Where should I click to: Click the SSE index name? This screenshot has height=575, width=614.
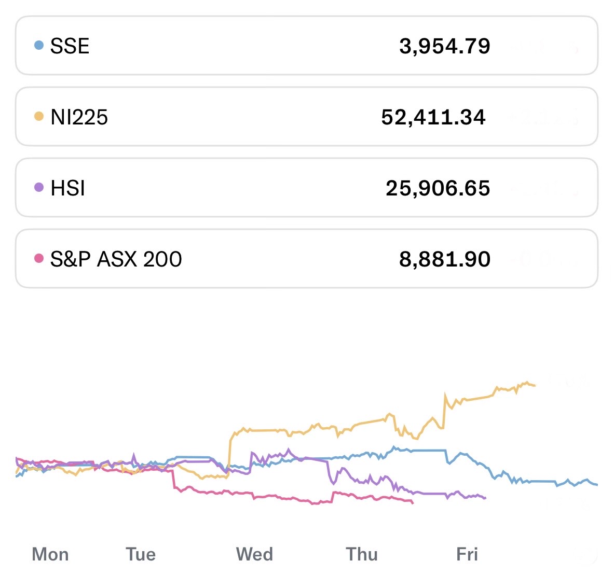click(x=70, y=46)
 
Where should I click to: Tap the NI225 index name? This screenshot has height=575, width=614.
click(x=79, y=117)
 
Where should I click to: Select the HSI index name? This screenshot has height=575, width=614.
click(x=67, y=188)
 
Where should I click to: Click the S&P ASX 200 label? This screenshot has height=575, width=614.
click(x=116, y=259)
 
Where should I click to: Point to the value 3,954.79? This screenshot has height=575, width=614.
click(x=444, y=46)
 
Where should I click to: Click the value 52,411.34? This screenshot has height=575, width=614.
click(x=433, y=117)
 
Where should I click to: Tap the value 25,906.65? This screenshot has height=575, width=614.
click(x=438, y=188)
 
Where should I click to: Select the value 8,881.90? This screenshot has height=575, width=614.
click(x=444, y=259)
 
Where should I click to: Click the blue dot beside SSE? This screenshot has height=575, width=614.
click(x=38, y=45)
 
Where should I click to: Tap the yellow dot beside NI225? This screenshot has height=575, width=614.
click(x=38, y=116)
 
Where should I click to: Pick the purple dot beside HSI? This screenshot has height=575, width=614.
click(x=38, y=187)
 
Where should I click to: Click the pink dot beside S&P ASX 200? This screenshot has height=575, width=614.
click(x=38, y=258)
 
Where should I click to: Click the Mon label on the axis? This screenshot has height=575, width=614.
click(x=50, y=554)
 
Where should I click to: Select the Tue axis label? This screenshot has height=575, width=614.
click(x=141, y=554)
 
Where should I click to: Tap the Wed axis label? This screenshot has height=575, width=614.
click(x=254, y=554)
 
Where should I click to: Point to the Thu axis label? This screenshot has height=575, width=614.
click(x=362, y=554)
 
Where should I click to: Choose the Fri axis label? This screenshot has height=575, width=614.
click(x=467, y=554)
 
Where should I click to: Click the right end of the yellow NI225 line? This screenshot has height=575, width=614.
click(x=535, y=385)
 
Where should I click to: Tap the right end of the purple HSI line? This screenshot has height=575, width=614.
click(x=485, y=498)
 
